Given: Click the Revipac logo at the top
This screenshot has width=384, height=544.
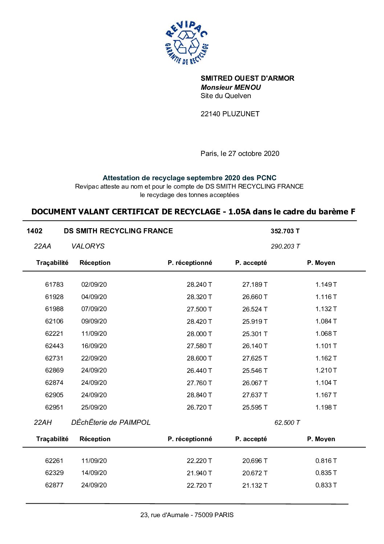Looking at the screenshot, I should pyautogui.click(x=187, y=43).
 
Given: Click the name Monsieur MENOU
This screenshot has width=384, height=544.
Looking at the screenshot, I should pyautogui.click(x=230, y=87).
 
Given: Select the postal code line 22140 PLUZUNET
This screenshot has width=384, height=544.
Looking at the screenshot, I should pyautogui.click(x=230, y=114).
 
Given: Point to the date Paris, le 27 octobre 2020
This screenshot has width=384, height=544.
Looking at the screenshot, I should pyautogui.click(x=240, y=153).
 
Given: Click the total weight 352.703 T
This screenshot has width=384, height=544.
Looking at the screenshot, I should pyautogui.click(x=285, y=231).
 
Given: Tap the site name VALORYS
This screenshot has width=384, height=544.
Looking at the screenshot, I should pyautogui.click(x=88, y=246).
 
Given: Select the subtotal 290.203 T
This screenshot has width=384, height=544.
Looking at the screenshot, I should pyautogui.click(x=285, y=246).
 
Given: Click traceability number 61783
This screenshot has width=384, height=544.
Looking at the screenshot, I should pyautogui.click(x=54, y=285).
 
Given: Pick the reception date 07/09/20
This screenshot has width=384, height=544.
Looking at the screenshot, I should pyautogui.click(x=94, y=309).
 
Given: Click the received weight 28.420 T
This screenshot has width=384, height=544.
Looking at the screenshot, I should pyautogui.click(x=199, y=322).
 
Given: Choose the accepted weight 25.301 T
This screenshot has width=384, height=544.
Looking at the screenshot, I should pyautogui.click(x=255, y=334).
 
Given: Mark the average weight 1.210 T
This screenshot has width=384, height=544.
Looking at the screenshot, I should pyautogui.click(x=326, y=371).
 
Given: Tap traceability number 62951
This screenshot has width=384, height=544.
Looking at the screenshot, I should pyautogui.click(x=54, y=407).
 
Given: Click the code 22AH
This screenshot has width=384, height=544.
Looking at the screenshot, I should pyautogui.click(x=43, y=423).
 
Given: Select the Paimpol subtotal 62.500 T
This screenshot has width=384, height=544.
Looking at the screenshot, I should pyautogui.click(x=287, y=423).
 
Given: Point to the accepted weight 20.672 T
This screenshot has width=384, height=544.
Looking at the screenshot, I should pyautogui.click(x=255, y=473).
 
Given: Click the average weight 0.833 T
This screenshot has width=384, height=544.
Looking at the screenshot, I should pyautogui.click(x=326, y=485).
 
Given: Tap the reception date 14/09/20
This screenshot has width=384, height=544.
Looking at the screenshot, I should pyautogui.click(x=94, y=473).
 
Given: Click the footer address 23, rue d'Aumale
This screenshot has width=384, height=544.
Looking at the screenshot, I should pyautogui.click(x=187, y=515).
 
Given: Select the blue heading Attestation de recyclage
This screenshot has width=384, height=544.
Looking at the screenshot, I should pyautogui.click(x=189, y=178).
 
